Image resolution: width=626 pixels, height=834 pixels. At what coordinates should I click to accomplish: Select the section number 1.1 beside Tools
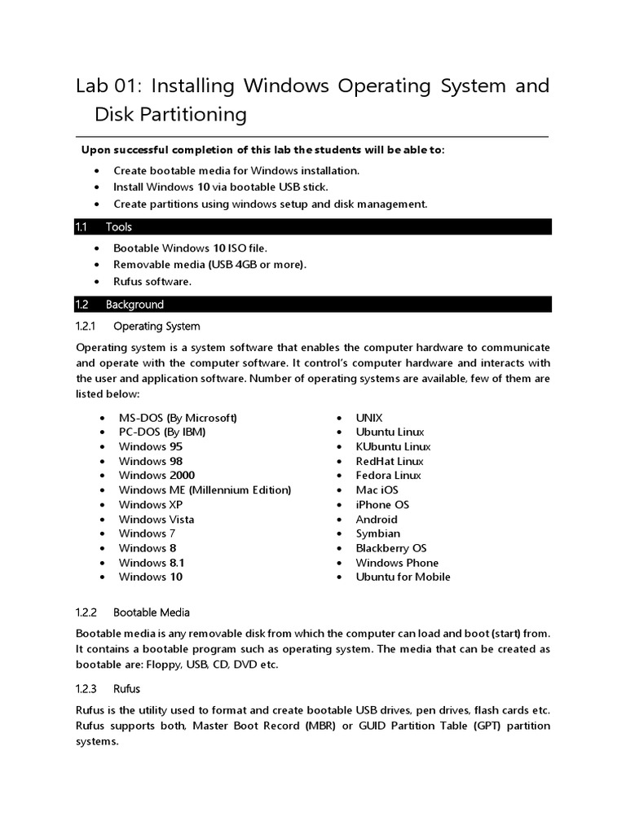pos(82,227)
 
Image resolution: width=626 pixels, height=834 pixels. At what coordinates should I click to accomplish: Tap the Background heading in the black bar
pos(134,305)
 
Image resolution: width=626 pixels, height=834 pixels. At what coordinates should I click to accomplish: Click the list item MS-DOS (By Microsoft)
pos(178,418)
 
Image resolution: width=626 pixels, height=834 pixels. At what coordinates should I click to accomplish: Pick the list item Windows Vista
pos(156,520)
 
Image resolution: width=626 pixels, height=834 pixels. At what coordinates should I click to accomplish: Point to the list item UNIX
pos(369,418)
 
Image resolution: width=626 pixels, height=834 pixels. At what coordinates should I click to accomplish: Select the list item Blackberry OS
pos(391,548)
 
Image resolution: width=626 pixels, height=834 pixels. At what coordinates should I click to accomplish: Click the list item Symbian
pos(378,533)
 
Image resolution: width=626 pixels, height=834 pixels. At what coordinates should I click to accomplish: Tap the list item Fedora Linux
pos(389,476)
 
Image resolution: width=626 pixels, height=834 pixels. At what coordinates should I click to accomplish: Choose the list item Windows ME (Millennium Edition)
pos(205,490)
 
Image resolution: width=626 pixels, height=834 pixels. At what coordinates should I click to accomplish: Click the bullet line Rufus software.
pos(152,282)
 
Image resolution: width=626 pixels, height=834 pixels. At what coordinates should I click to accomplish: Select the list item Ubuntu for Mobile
pos(403,577)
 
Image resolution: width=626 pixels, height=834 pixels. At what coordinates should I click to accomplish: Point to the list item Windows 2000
pos(156,476)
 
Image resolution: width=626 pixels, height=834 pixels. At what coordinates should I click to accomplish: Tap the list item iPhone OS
pos(382,505)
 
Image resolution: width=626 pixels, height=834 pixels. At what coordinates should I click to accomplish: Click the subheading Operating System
pos(156,327)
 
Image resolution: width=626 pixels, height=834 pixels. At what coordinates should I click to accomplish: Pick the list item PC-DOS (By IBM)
pos(162,432)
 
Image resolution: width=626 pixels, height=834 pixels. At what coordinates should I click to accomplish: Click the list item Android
pos(377,520)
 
